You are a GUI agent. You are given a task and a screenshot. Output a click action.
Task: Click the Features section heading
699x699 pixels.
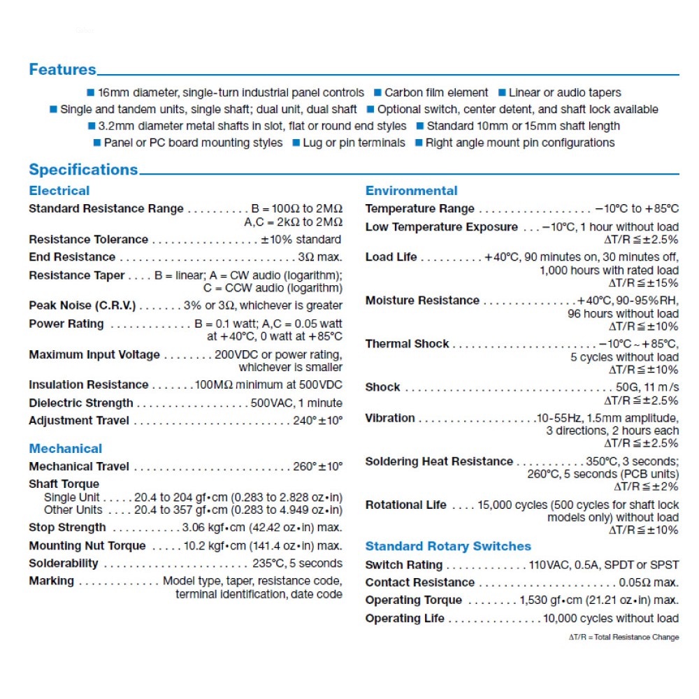tap(62, 70)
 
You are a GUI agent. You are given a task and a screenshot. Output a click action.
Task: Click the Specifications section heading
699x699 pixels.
tap(83, 170)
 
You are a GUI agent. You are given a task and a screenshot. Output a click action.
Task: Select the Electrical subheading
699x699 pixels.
tap(59, 191)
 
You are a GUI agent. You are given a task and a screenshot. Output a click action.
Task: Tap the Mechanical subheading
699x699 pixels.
tap(65, 449)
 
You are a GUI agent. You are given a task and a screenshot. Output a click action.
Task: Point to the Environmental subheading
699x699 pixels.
tap(411, 191)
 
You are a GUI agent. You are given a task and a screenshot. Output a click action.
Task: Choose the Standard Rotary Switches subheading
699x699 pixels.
tap(448, 547)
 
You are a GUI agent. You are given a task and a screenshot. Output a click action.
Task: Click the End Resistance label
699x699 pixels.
tap(72, 257)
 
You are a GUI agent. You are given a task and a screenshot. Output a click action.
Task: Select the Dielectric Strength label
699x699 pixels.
tap(80, 403)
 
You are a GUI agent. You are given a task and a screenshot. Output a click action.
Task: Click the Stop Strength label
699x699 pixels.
tap(67, 528)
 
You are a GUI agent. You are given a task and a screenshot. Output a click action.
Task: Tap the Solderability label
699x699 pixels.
tap(64, 563)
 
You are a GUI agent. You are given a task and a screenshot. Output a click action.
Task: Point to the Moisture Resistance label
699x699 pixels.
tap(422, 301)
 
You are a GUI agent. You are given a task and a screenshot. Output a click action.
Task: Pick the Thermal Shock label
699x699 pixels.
tap(407, 344)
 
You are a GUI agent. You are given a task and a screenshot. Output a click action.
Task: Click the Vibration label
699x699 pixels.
tap(390, 418)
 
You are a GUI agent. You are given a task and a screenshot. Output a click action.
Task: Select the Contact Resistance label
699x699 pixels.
tap(420, 582)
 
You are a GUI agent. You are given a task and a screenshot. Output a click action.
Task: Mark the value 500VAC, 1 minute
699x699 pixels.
tap(296, 403)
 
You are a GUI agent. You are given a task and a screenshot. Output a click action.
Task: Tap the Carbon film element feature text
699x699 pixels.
tap(436, 92)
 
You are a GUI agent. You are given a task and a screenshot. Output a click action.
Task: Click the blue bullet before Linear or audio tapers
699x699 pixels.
tap(502, 92)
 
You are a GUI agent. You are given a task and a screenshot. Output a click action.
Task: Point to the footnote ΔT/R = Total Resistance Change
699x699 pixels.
tap(624, 637)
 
